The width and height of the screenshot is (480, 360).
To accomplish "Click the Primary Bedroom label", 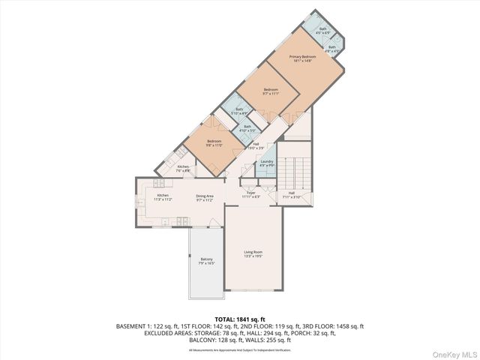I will [303, 58].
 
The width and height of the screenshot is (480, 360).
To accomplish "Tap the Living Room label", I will [253, 253].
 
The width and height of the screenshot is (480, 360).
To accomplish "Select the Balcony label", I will [206, 261].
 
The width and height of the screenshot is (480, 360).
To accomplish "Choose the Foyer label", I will [251, 195].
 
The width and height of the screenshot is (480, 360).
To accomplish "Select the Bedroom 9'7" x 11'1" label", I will [271, 91].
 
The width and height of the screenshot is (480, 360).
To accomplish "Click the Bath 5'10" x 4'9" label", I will [239, 111].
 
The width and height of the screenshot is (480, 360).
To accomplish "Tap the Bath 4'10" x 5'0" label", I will [247, 128].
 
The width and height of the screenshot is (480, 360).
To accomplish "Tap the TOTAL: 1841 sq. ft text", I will [239, 319].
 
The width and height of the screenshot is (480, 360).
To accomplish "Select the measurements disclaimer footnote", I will [239, 349].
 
